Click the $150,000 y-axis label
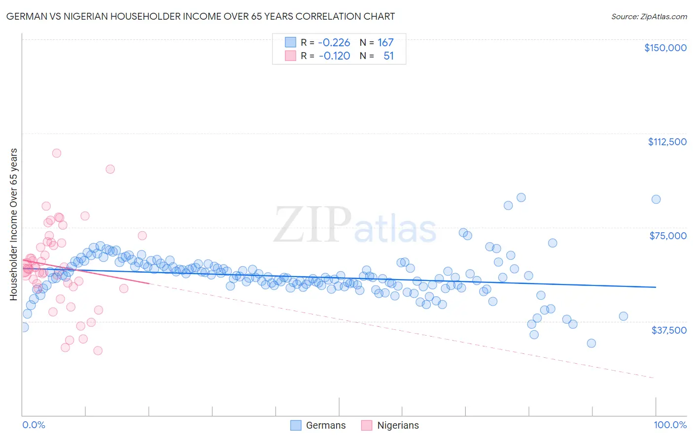tap(665, 48)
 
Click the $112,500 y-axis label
tap(667, 142)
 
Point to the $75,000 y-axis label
tap(668, 236)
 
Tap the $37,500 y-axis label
tap(669, 330)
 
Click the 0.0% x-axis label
tap(34, 425)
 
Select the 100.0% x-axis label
tap(670, 425)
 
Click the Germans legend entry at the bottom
tap(325, 425)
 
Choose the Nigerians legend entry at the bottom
tap(397, 425)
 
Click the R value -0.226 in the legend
tap(334, 42)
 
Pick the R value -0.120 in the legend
tap(334, 56)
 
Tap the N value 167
tap(385, 42)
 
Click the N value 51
tap(388, 56)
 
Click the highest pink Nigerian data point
tap(57, 153)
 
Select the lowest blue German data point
tap(591, 343)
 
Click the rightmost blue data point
tap(656, 199)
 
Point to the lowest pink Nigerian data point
tap(98, 350)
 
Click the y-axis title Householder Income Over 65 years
tap(13, 224)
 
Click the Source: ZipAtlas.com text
tap(649, 16)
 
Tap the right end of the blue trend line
tap(656, 287)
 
